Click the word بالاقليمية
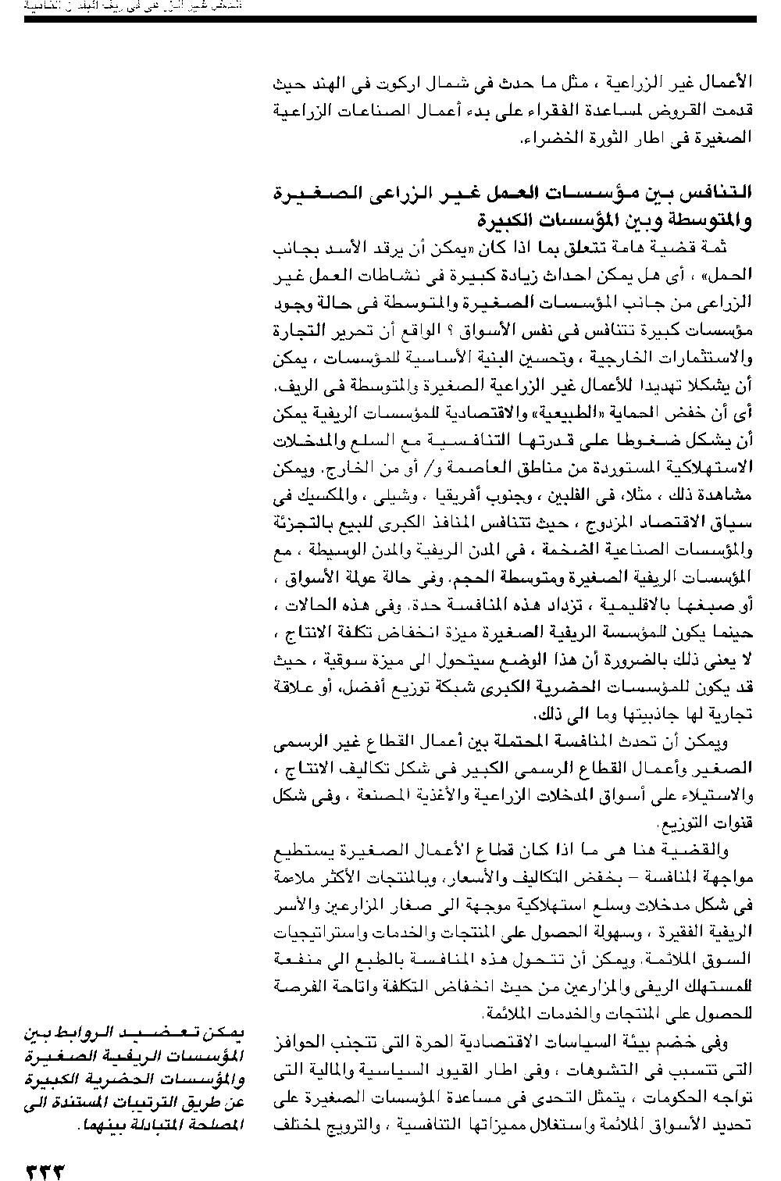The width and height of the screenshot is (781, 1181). coord(676,605)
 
